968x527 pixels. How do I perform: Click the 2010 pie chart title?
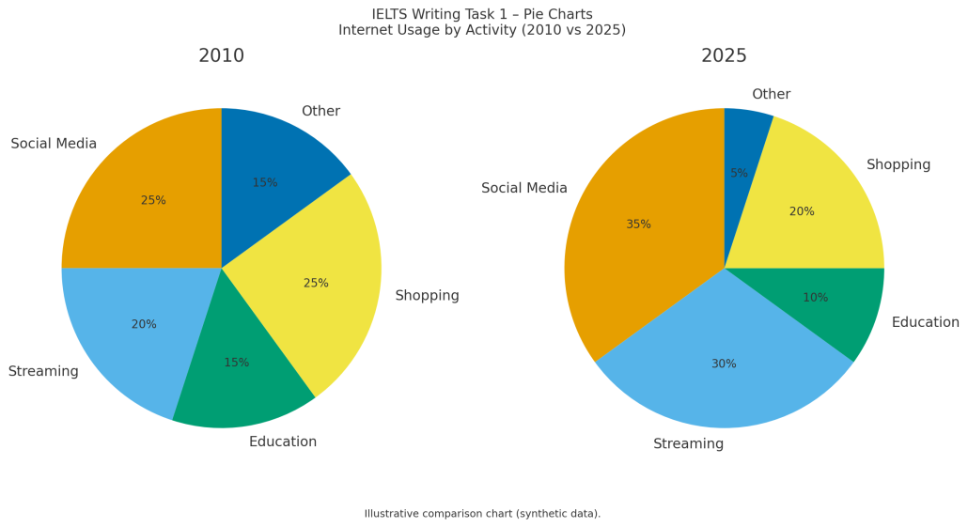click(221, 56)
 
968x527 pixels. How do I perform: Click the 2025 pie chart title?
click(724, 56)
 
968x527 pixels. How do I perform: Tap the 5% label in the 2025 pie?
click(739, 173)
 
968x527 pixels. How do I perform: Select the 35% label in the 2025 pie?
click(638, 225)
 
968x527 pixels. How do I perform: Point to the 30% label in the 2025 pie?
click(724, 364)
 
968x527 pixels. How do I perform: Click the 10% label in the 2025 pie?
click(815, 298)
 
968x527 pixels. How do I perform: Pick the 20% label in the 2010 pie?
click(144, 324)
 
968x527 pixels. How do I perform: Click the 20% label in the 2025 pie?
click(802, 211)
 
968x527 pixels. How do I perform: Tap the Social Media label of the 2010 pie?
click(54, 144)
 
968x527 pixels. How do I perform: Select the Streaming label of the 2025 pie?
click(688, 443)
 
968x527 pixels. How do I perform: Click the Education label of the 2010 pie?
click(282, 442)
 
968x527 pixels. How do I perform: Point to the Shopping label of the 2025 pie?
click(898, 164)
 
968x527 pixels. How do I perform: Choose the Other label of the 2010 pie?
click(320, 111)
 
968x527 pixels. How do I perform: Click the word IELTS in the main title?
click(391, 14)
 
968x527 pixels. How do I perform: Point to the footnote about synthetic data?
click(482, 514)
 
